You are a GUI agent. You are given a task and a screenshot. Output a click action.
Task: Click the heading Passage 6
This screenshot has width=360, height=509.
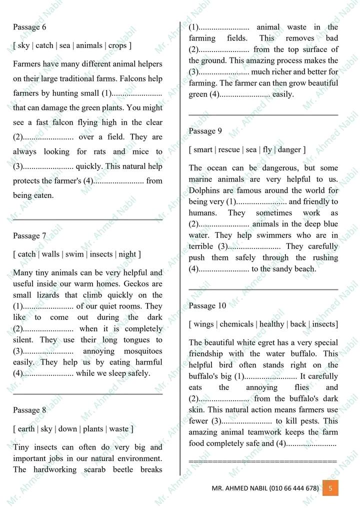click(x=29, y=27)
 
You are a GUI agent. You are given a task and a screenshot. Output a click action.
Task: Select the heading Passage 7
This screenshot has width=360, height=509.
click(x=29, y=235)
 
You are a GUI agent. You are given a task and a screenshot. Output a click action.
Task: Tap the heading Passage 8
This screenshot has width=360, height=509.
click(x=29, y=410)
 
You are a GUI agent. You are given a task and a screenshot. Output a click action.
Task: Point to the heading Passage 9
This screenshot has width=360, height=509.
click(x=205, y=131)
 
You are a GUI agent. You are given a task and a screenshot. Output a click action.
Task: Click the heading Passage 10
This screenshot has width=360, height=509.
click(x=207, y=305)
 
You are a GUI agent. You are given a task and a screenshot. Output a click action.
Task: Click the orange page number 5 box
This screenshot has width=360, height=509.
click(x=330, y=487)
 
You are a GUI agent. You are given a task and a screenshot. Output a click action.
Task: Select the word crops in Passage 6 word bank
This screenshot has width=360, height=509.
click(x=117, y=45)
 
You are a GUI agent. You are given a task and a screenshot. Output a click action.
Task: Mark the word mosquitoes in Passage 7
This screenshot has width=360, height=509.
click(x=143, y=351)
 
